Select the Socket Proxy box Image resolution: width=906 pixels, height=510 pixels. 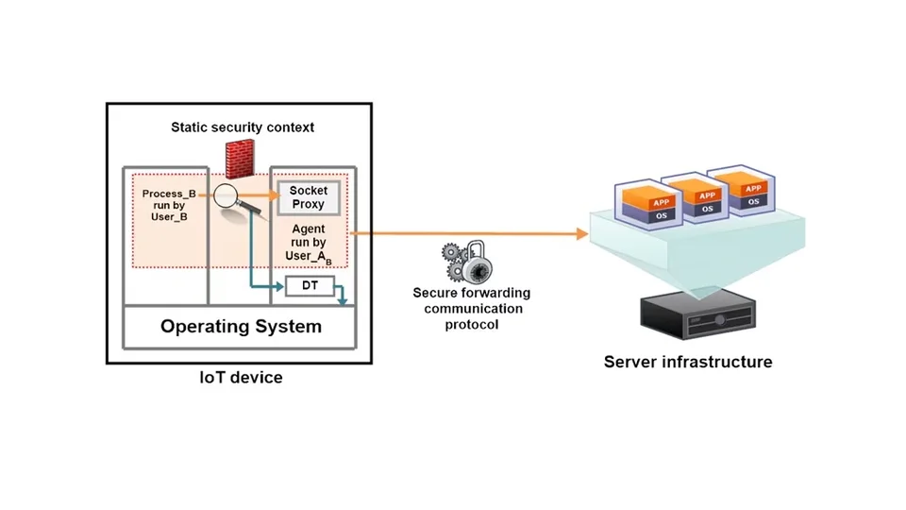[x=308, y=197]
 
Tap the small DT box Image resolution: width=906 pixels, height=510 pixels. [x=310, y=285]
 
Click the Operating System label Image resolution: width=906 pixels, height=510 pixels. [x=241, y=327]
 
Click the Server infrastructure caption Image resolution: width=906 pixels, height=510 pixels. [x=688, y=362]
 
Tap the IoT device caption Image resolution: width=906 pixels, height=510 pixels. [x=241, y=378]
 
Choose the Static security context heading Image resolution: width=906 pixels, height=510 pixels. [x=243, y=127]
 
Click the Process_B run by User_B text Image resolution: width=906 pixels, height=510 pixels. [x=169, y=206]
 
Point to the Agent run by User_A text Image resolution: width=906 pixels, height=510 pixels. [x=310, y=242]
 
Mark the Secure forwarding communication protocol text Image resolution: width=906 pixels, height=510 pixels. [x=472, y=309]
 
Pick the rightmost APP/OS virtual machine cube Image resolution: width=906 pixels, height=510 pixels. [x=751, y=189]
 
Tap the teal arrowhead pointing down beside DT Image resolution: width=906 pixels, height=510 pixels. [x=344, y=301]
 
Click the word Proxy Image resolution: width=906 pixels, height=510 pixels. [x=309, y=204]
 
